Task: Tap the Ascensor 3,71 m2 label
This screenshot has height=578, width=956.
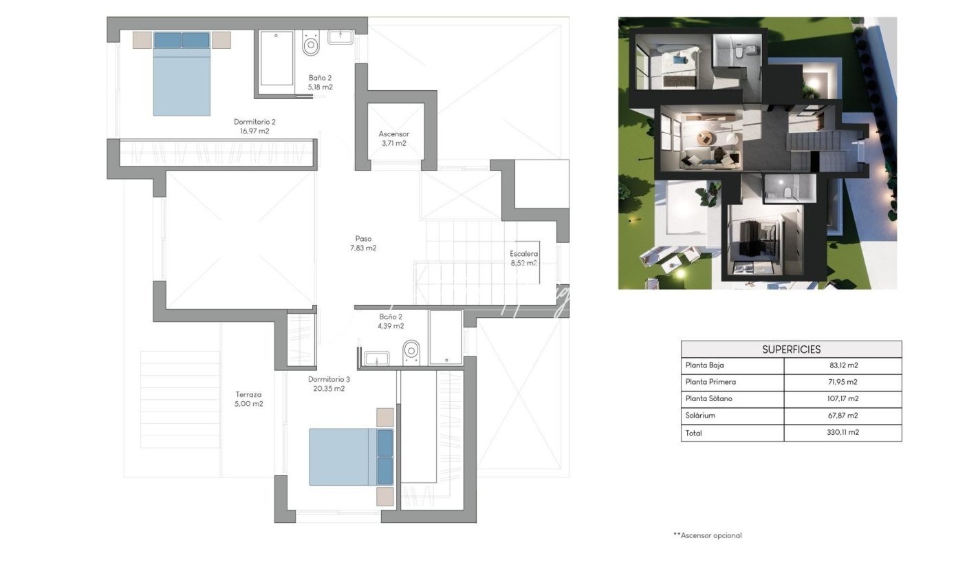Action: (394, 138)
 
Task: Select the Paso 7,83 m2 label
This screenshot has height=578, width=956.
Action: (363, 244)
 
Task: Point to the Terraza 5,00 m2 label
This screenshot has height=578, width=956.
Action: (248, 399)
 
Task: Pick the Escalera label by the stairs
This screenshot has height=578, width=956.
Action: (523, 254)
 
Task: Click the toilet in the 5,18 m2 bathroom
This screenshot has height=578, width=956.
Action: (311, 43)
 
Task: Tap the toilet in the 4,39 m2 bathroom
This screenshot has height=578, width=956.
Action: (411, 352)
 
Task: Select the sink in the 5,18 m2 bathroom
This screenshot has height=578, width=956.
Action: (340, 36)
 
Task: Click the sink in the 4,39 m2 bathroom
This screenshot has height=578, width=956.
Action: (377, 358)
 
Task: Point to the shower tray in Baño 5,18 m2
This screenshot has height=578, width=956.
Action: (276, 58)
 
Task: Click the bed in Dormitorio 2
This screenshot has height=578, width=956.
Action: (182, 74)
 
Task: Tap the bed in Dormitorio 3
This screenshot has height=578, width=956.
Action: (351, 457)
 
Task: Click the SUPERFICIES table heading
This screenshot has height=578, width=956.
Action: (791, 350)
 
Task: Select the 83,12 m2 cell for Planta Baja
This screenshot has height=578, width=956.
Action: (843, 365)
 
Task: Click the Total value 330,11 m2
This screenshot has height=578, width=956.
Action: (843, 432)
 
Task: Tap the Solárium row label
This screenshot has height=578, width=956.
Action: (700, 416)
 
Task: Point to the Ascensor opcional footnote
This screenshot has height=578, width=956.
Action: (708, 535)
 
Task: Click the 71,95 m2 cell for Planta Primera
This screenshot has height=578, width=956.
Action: (843, 382)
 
